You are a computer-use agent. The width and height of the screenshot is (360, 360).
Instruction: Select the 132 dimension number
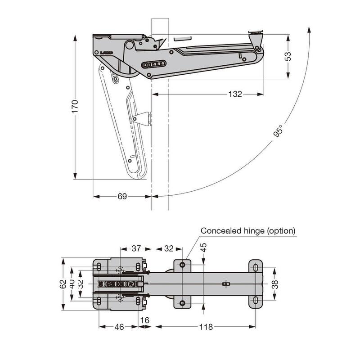[x=235, y=94]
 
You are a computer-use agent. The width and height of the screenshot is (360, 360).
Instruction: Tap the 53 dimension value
[x=288, y=56]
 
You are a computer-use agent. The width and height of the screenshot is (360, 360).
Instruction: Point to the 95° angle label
[x=279, y=131]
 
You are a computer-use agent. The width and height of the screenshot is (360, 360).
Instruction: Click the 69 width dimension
[x=121, y=196]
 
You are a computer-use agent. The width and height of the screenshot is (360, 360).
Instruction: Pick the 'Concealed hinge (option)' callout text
[x=247, y=231]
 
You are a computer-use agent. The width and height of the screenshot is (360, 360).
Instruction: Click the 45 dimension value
[x=203, y=247]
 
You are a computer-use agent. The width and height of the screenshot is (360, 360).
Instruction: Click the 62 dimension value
[x=63, y=283]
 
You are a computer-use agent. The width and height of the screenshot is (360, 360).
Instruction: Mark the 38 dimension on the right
[x=275, y=284]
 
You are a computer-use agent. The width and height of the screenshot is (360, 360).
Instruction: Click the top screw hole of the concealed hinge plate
[x=182, y=265]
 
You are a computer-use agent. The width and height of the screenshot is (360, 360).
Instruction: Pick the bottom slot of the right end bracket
[x=255, y=300]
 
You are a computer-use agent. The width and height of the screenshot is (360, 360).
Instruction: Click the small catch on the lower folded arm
[x=144, y=118]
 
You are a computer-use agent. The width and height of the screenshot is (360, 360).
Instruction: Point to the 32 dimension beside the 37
[x=169, y=248]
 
